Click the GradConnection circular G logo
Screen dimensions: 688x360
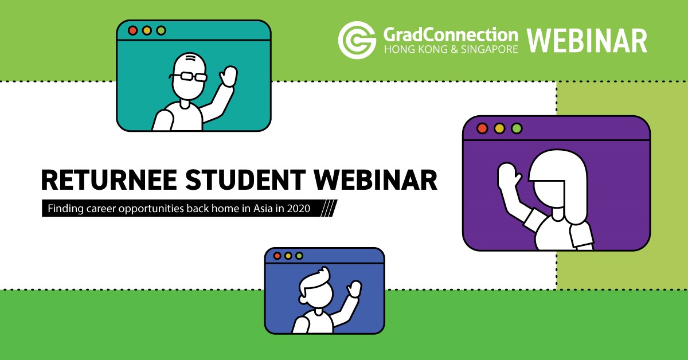(357, 40)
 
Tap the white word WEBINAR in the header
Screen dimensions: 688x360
(587, 41)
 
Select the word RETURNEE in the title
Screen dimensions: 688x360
(109, 180)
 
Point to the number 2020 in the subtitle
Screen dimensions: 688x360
(299, 209)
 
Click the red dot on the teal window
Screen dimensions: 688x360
(132, 30)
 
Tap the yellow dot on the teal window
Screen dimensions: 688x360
(147, 30)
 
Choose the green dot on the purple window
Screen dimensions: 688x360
(517, 128)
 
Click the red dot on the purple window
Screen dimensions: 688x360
(482, 128)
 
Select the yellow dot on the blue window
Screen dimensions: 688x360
(288, 256)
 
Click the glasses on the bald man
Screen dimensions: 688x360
(188, 76)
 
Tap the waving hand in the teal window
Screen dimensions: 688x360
(229, 76)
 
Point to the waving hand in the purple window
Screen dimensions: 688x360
(508, 175)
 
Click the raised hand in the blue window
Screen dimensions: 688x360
(354, 289)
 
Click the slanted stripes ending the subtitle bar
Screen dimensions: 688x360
(329, 208)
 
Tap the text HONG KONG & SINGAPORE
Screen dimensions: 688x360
(451, 49)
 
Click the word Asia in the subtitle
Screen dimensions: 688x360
(263, 209)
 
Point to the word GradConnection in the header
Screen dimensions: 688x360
(451, 35)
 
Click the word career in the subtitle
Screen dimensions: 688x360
(101, 209)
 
